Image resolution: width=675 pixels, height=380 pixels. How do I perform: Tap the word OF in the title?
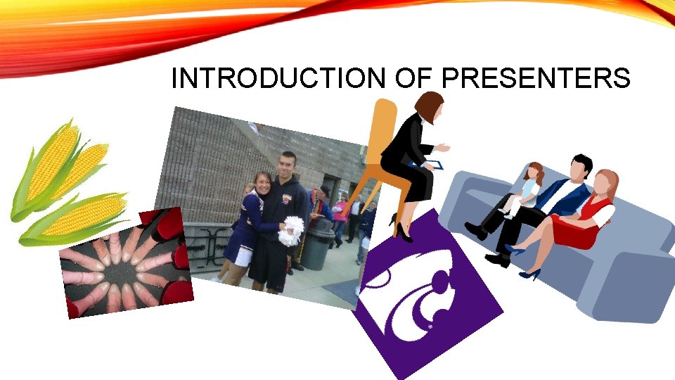click(411, 79)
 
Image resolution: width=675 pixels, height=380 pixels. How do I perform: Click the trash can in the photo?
click(318, 242)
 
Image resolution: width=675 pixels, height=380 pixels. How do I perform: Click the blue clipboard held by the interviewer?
click(433, 165)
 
